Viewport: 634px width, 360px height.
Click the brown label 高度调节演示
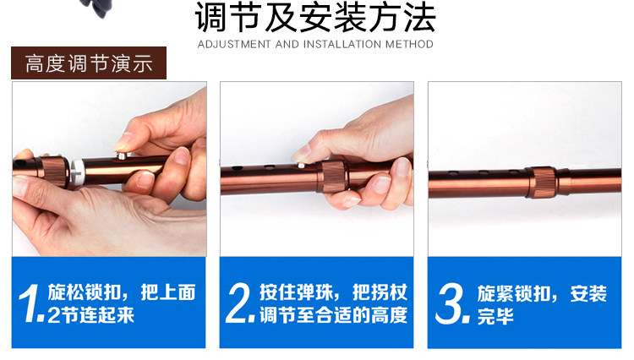89,63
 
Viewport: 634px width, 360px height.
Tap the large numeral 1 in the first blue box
29,303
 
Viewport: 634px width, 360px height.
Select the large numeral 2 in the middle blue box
238,303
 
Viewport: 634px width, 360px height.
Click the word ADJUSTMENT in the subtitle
234,44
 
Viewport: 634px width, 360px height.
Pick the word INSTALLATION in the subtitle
342,44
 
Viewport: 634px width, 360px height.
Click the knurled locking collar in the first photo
54,172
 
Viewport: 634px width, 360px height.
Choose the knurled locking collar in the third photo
542,183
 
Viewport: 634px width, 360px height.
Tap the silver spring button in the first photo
122,155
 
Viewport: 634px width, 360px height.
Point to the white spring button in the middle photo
301,166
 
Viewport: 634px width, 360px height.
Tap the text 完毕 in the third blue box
495,316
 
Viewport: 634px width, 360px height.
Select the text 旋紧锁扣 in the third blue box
513,294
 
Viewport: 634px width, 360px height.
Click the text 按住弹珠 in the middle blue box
296,292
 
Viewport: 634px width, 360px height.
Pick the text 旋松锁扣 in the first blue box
85,292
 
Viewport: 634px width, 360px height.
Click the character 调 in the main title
211,18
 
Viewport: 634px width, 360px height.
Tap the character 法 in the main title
420,18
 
